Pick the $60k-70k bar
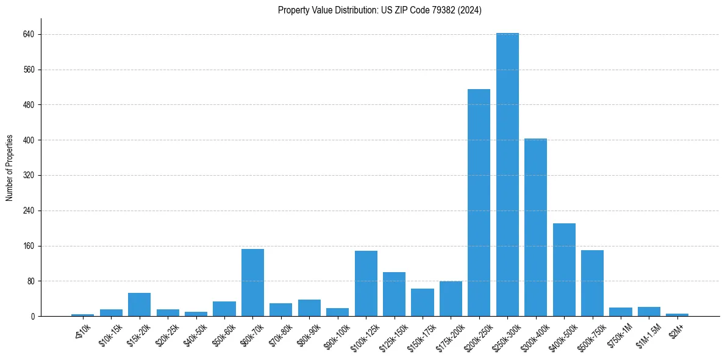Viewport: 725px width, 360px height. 252,283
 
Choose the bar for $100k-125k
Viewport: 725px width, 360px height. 366,284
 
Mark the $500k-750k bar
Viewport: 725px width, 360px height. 592,283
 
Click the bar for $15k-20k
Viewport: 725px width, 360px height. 139,304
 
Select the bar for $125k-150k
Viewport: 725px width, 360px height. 394,294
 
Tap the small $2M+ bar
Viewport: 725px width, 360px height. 677,314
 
